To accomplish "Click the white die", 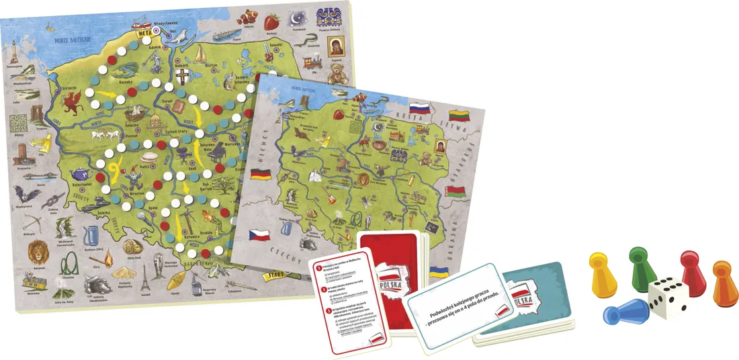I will (668, 296).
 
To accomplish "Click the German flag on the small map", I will (260, 175).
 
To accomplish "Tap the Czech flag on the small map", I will (259, 236).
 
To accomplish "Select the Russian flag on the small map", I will (420, 107).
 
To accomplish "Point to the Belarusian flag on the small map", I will (456, 192).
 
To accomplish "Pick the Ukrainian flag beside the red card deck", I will (439, 273).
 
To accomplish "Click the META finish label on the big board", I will (143, 31).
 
